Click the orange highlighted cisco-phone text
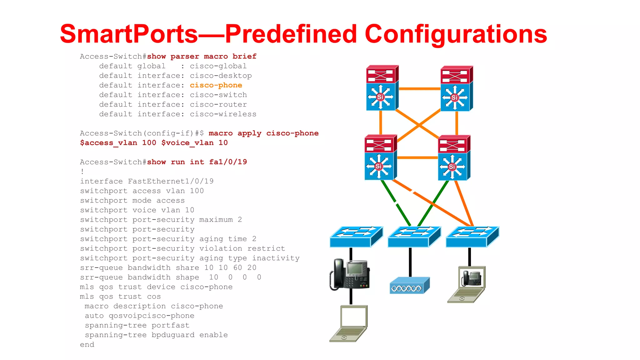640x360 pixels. [216, 85]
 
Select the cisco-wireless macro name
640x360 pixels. [223, 114]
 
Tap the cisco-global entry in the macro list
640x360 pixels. [218, 66]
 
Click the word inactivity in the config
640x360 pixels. [276, 258]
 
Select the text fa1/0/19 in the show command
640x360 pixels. [228, 162]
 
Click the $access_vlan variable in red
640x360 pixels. [108, 143]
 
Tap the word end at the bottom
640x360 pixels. [87, 345]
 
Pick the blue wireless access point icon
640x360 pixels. [410, 285]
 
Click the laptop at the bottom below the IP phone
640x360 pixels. [349, 323]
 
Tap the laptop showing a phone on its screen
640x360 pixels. [467, 284]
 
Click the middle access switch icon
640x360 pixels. [414, 237]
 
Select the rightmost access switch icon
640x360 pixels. [472, 237]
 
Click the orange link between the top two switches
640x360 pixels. [419, 89]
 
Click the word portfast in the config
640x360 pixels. [170, 325]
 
